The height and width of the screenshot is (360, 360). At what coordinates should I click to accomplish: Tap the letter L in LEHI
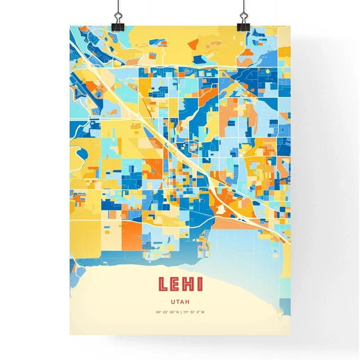click(x=163, y=284)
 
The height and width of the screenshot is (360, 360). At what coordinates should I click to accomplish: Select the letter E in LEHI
click(x=175, y=284)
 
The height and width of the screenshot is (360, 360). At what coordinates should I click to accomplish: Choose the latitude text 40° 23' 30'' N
click(x=167, y=312)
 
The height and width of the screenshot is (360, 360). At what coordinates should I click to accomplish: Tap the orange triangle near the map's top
click(x=193, y=43)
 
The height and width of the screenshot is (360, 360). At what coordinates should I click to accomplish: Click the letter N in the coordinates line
click(x=177, y=312)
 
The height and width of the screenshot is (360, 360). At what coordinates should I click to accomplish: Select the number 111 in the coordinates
click(x=186, y=312)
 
